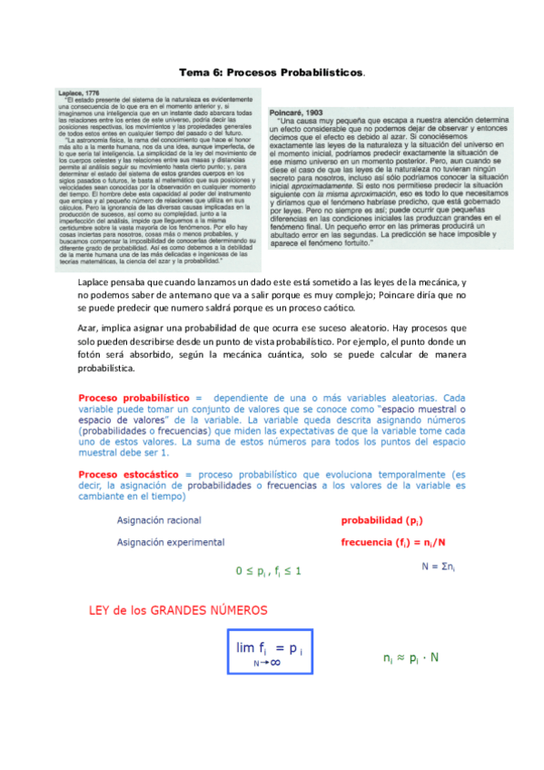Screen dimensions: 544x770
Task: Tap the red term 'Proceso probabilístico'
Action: click(x=134, y=398)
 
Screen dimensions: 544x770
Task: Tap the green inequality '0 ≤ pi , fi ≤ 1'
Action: click(x=269, y=571)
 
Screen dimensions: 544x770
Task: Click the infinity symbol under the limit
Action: click(x=274, y=664)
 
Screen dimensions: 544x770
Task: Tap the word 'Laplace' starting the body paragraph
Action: click(x=95, y=285)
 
